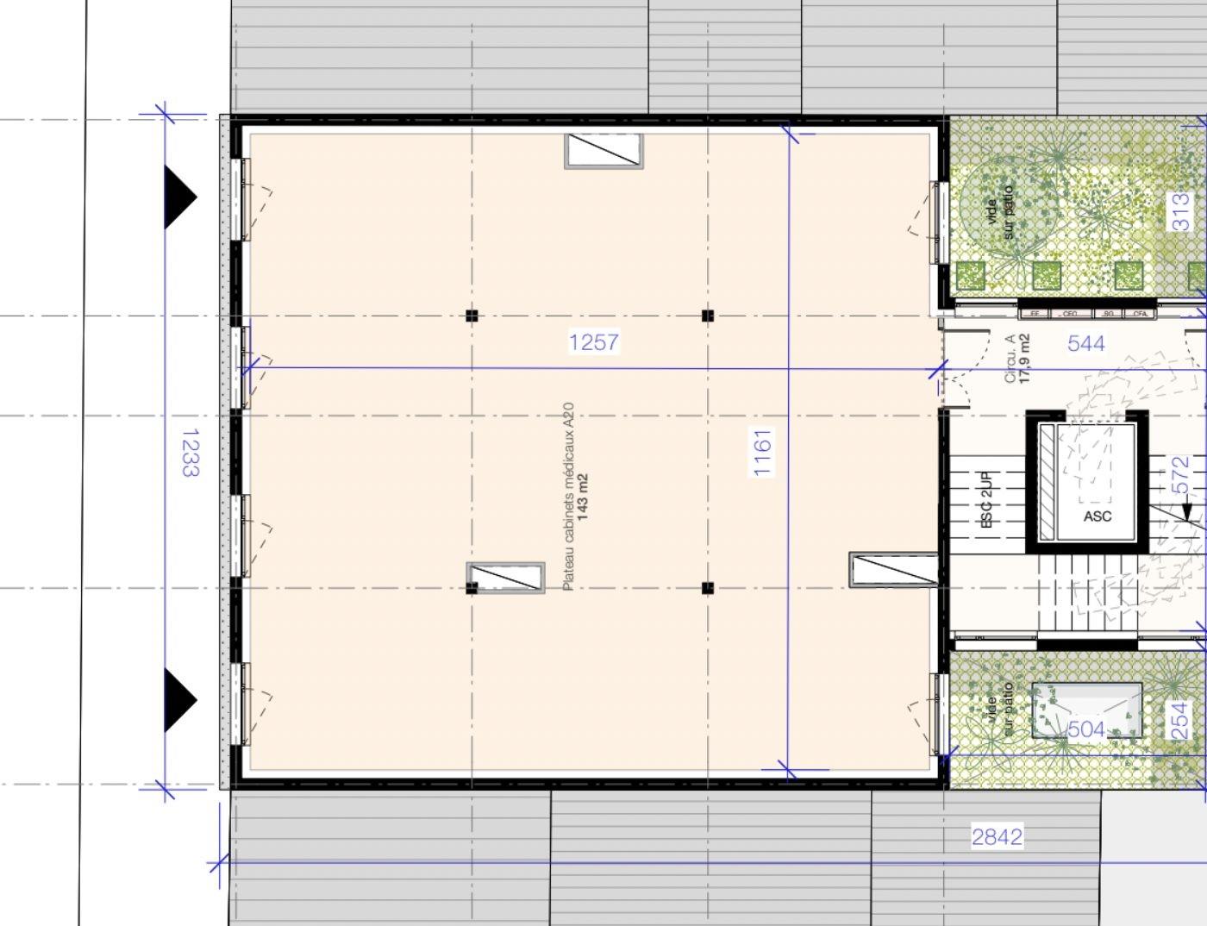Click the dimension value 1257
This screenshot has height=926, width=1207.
(x=594, y=342)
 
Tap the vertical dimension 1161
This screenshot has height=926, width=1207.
(x=763, y=453)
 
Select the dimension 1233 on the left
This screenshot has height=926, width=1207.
(x=189, y=453)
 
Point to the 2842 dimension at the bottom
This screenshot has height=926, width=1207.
(x=997, y=836)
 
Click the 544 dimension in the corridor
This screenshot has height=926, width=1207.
(x=1085, y=343)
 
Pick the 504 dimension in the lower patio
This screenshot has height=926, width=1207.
(x=1085, y=729)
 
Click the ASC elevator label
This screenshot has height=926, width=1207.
(x=1097, y=516)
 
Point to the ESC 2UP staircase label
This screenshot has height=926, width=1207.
(x=987, y=499)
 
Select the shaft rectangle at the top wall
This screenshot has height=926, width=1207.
(x=603, y=151)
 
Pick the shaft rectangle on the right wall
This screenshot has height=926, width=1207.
(x=893, y=570)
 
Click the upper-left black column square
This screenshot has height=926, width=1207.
(x=471, y=316)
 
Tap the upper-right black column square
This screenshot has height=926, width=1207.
(x=708, y=316)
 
